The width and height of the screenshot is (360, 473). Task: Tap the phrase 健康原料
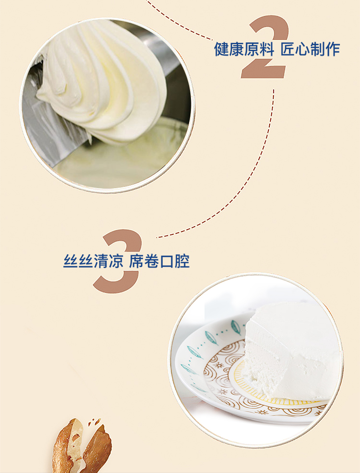coord(244,50)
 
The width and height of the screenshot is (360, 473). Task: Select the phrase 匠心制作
coord(310,50)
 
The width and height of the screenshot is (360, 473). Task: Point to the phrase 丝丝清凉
coord(93,261)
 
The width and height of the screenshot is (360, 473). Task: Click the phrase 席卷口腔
coord(159,261)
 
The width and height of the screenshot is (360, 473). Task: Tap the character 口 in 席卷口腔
coord(167,262)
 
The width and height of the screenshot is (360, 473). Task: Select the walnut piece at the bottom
coord(82,447)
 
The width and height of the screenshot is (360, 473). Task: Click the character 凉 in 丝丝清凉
coord(116,261)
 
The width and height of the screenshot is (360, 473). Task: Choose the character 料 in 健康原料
coord(267,50)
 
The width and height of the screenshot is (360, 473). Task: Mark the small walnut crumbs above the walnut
coord(94,422)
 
